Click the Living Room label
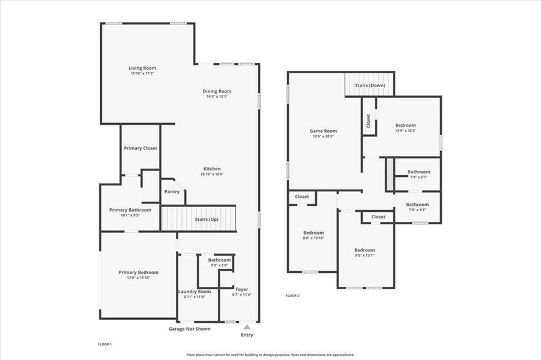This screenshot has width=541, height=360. pos(142,68)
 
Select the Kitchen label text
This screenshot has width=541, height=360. pos(212,169)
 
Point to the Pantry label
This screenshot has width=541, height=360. pos(172,192)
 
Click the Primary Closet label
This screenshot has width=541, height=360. pos(141,148)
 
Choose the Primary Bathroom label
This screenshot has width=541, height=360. pos(130,210)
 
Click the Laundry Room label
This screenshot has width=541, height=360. pos(195,292)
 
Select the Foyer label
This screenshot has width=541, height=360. pos(241,289)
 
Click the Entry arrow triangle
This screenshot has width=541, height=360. pos(246,327)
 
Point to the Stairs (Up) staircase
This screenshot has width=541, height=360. pos(199,218)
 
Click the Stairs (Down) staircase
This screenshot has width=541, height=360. pos(369,85)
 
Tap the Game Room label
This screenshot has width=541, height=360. pos(323,131)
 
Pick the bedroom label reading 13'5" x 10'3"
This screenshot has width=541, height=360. pos(405,130)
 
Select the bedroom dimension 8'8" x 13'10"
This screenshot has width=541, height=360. pos(313,238)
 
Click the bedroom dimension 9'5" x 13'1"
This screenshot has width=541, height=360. pos(364,255)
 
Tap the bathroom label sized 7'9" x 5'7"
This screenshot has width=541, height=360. pos(419,177)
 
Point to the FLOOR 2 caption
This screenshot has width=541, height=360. pos(292,296)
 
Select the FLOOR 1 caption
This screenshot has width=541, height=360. pos(105,344)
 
